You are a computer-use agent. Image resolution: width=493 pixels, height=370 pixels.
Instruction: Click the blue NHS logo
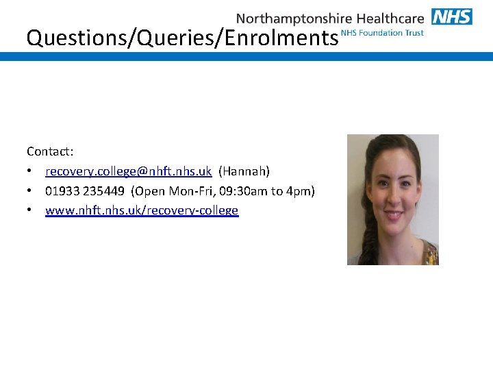(452, 16)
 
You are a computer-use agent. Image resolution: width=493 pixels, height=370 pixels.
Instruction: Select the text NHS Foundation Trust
(382, 33)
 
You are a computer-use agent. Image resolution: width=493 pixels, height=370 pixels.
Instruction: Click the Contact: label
(50, 151)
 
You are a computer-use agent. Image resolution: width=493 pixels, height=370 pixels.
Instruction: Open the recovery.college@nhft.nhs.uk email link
(128, 171)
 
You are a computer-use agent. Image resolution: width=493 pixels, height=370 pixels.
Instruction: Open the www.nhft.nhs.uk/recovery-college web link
(142, 210)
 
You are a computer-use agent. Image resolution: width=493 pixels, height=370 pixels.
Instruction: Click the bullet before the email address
(31, 171)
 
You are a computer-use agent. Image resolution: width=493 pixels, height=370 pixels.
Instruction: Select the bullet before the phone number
(31, 191)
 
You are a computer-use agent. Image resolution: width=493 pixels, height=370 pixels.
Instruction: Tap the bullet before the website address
(31, 211)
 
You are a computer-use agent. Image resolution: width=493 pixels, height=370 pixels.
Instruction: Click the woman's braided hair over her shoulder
(362, 233)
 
